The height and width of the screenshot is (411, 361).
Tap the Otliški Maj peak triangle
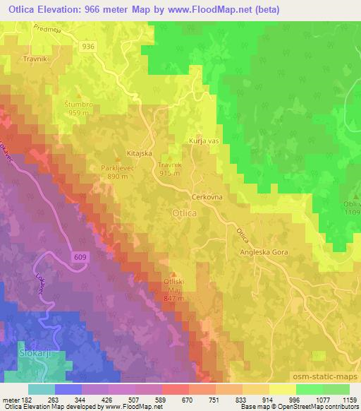(x=175, y=273)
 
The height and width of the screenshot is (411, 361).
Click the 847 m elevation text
(x=173, y=298)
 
